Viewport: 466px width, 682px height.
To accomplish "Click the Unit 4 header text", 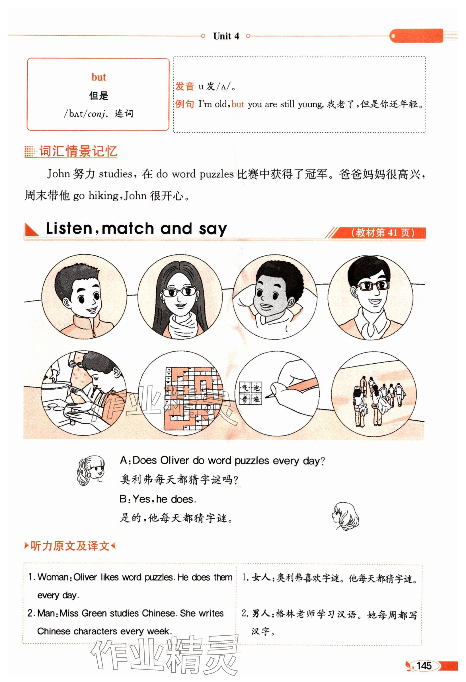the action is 226,36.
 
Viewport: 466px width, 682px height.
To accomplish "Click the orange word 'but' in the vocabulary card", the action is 98,77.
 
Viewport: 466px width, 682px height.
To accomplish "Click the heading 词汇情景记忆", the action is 78,151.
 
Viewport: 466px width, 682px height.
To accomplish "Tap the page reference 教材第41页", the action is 383,233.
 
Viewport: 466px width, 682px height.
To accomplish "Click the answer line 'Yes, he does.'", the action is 158,499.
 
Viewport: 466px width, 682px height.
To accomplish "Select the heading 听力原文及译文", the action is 70,546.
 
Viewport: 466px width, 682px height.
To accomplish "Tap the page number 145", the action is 424,665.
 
